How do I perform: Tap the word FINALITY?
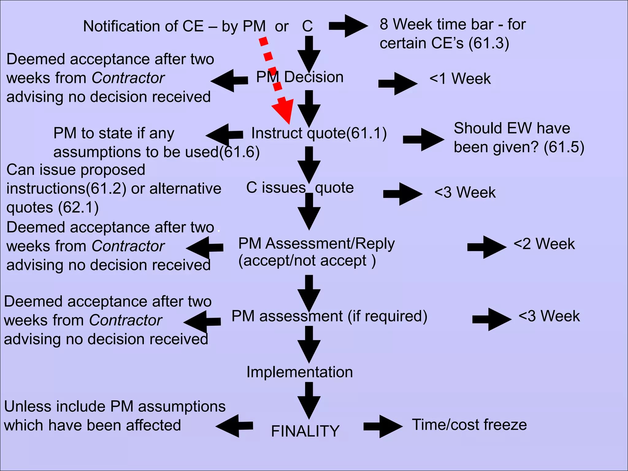[x=305, y=431]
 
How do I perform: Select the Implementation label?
[x=300, y=372]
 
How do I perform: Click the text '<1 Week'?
[x=460, y=78]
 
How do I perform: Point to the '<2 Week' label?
[x=544, y=244]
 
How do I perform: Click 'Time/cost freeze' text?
[x=469, y=425]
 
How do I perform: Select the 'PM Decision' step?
[x=300, y=77]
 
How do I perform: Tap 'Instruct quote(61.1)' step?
[x=319, y=133]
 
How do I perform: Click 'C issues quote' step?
[x=300, y=188]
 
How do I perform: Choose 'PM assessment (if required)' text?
[x=329, y=316]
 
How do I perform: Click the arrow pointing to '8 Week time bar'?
[x=348, y=26]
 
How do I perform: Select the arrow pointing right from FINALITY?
[x=383, y=426]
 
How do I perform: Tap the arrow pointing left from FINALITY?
[x=235, y=426]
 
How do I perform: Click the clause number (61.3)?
[x=489, y=43]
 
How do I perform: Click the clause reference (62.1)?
[x=78, y=208]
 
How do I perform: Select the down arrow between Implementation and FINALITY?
[x=309, y=400]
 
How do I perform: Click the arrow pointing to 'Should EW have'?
[x=423, y=140]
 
